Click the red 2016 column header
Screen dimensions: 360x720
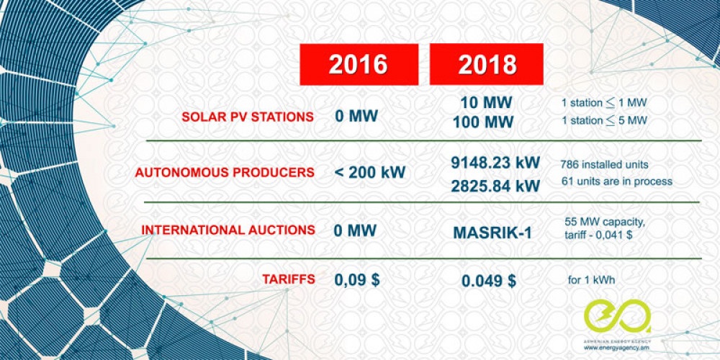tap(358, 64)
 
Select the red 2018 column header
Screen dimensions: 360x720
tap(487, 64)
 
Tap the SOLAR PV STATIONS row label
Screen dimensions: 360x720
tap(248, 116)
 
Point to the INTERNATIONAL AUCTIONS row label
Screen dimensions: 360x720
tap(228, 230)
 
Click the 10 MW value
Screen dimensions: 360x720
tap(487, 102)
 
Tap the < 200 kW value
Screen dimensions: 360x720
tap(370, 173)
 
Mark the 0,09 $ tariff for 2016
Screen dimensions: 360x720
tap(357, 280)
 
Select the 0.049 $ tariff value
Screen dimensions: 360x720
tap(487, 281)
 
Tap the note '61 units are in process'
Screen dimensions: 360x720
tap(616, 181)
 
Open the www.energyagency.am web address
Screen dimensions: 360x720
tap(617, 348)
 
